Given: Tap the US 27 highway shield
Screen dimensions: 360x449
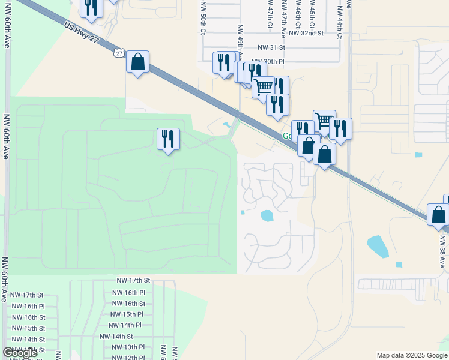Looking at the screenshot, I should click(x=119, y=53).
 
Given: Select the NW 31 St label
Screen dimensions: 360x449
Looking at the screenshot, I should click(x=271, y=47).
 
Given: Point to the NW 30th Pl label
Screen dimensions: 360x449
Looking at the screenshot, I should click(x=268, y=62).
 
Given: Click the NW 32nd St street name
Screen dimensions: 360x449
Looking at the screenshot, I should click(x=306, y=34).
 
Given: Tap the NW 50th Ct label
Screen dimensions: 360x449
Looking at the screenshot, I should click(x=204, y=24).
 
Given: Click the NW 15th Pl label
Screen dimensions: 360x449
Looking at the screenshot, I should click(x=127, y=314).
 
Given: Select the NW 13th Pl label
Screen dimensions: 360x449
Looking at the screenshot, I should click(x=127, y=347).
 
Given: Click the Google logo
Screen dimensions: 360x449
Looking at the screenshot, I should click(x=20, y=353).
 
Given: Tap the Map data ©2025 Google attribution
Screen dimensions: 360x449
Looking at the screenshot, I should click(x=412, y=355).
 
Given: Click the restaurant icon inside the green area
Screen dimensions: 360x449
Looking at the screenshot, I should click(x=168, y=139).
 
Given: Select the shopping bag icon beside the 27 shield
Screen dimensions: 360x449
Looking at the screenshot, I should click(x=138, y=62).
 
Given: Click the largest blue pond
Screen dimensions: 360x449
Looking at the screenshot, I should click(x=376, y=245).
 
